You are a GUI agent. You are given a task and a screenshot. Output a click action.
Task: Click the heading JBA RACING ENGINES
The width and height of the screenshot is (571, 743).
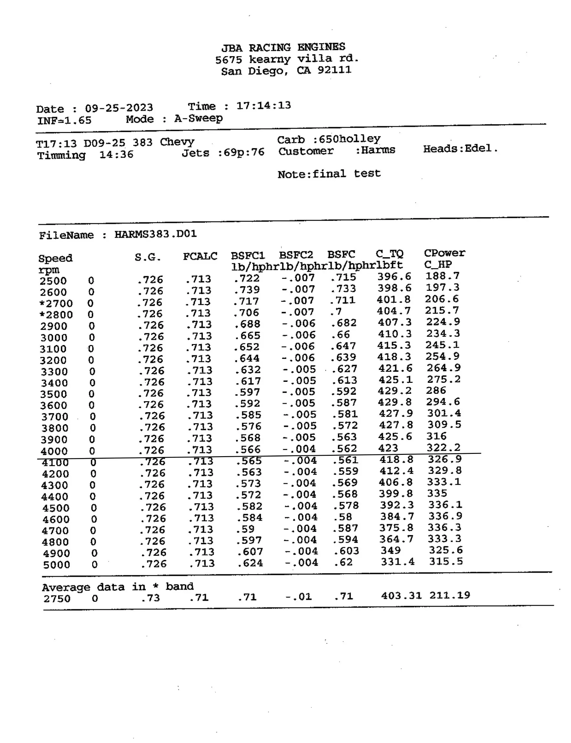click(283, 47)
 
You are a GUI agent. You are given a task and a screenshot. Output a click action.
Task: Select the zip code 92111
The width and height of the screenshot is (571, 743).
click(334, 70)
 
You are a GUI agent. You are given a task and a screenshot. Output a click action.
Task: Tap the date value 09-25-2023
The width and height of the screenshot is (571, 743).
click(119, 108)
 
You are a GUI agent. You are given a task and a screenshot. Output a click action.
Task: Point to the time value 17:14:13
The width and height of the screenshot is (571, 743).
click(264, 106)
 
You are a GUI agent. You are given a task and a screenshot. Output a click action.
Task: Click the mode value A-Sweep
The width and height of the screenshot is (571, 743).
click(199, 119)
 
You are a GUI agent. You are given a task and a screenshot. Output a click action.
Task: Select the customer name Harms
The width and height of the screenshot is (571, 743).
click(378, 150)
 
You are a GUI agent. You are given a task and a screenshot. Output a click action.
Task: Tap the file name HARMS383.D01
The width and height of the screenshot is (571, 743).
click(156, 234)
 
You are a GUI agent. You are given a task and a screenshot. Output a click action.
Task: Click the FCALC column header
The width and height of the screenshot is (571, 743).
click(200, 256)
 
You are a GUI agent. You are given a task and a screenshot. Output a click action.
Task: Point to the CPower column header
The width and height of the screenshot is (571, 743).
click(445, 253)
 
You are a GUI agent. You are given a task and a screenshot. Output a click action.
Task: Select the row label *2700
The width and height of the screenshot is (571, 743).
click(56, 303)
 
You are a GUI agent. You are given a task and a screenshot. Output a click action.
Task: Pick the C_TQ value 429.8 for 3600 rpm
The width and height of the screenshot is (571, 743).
click(395, 402)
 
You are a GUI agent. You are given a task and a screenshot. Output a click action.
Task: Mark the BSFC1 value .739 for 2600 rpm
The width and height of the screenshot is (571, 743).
click(247, 290)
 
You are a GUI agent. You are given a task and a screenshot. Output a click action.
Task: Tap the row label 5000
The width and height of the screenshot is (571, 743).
click(56, 565)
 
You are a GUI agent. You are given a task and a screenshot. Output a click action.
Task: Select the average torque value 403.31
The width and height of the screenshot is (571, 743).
click(401, 596)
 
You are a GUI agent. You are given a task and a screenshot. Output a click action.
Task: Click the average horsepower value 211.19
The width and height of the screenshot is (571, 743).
click(450, 595)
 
